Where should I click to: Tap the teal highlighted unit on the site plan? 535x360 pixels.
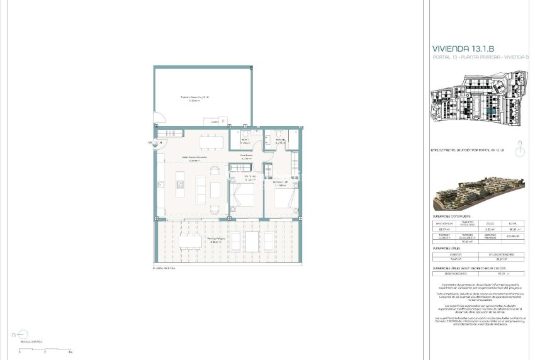492,111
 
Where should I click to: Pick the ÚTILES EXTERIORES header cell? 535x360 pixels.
502,254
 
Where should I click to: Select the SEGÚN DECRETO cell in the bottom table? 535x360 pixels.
456,273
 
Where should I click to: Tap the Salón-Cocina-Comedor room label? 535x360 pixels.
194,158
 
